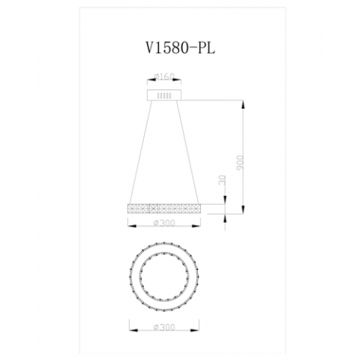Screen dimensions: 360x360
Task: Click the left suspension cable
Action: click(140, 150)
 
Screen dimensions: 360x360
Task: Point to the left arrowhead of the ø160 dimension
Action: click(149, 81)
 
